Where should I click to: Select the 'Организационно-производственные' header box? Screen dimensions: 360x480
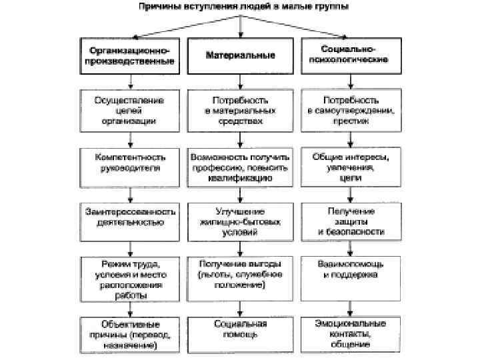[130, 55]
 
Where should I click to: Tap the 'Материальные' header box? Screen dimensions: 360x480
[240, 55]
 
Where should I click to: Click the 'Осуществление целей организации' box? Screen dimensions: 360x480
[130, 110]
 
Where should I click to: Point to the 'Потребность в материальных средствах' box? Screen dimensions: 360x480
[240, 110]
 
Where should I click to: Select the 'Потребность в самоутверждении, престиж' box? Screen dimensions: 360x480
[351, 110]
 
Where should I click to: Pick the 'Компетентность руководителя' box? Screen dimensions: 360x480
[130, 163]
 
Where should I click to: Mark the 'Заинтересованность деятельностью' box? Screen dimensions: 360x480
[130, 217]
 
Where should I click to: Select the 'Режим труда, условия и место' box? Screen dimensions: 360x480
[130, 274]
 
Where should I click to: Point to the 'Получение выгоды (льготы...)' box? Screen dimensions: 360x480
[240, 274]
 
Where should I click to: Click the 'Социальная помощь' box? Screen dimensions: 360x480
[240, 330]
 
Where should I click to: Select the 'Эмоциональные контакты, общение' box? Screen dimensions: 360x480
[351, 333]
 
